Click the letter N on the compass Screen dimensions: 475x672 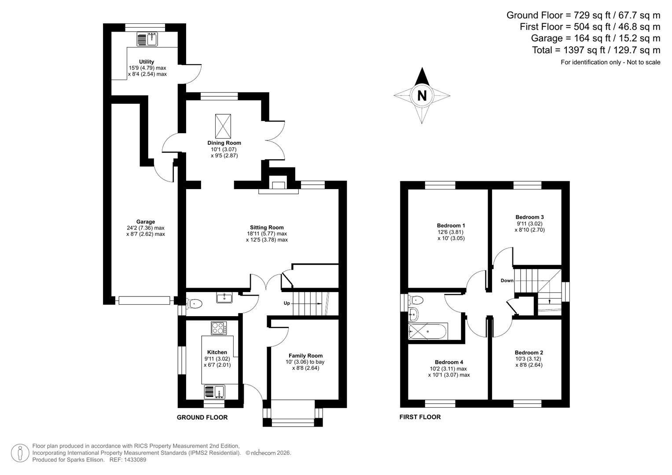[422, 95]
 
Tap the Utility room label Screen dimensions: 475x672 [147, 62]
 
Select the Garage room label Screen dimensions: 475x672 [145, 222]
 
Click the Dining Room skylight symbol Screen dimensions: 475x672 [223, 126]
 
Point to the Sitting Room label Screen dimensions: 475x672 [267, 228]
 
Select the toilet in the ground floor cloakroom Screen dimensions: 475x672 [195, 303]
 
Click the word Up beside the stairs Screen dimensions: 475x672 [286, 303]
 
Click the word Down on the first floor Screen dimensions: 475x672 [507, 281]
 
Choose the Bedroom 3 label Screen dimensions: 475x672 [529, 217]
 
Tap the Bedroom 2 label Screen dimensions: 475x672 [529, 353]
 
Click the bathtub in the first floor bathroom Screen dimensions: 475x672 [428, 331]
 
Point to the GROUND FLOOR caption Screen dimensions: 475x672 [202, 417]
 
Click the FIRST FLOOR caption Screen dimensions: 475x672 [420, 417]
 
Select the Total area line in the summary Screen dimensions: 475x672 [596, 50]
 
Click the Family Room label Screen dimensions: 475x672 [305, 356]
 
